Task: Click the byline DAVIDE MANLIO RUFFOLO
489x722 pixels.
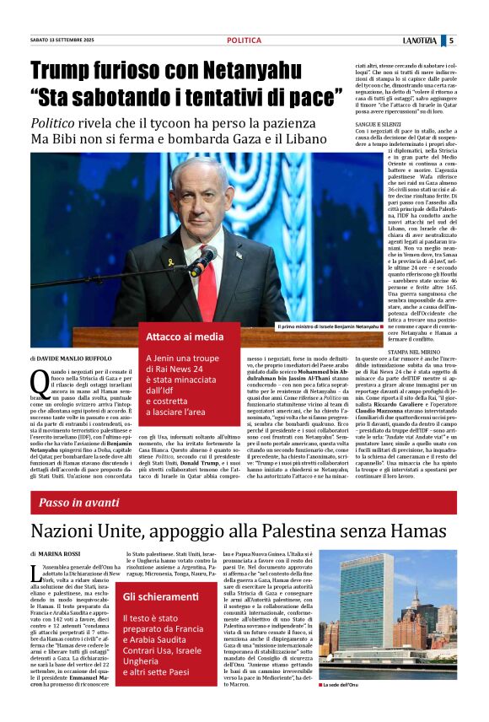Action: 77,358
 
